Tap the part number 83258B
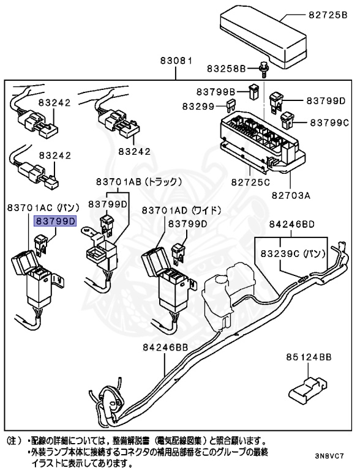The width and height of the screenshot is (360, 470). pos(225,67)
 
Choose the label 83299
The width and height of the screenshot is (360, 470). pos(198,106)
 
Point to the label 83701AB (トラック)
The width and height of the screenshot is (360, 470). pos(135,182)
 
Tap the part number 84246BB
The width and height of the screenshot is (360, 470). pos(165,347)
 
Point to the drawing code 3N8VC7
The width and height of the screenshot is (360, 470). pos(330,456)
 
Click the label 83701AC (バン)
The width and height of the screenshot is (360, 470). pos(40,209)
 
